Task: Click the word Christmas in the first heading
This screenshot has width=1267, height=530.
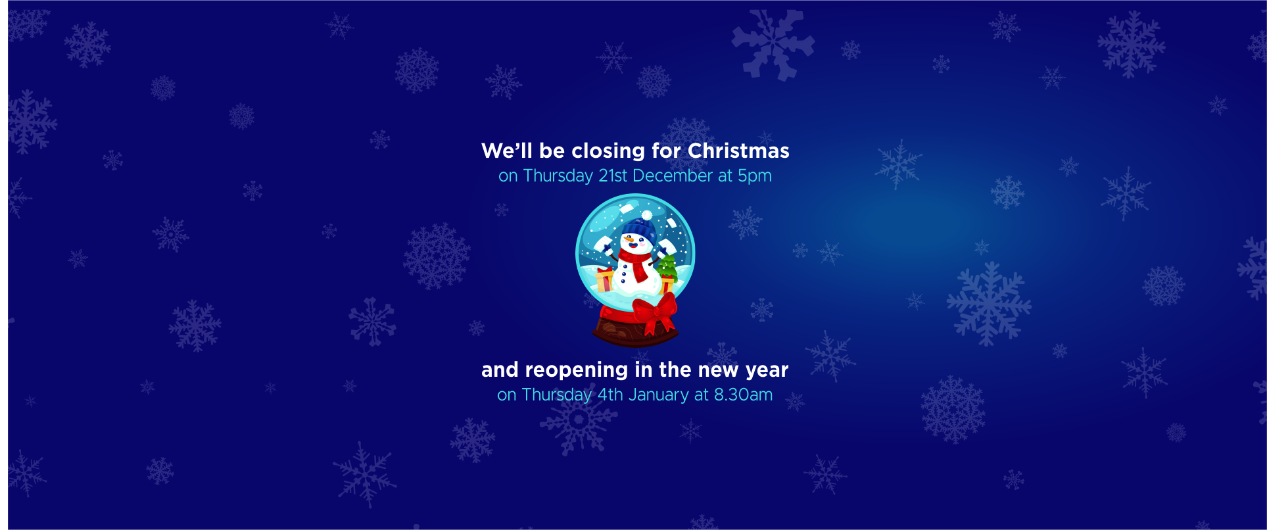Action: pos(738,151)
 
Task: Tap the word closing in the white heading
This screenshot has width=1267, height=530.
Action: pos(608,151)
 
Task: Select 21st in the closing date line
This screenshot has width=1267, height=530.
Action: pos(613,176)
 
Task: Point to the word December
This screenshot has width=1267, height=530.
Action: pos(673,176)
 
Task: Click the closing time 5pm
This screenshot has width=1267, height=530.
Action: pos(755,177)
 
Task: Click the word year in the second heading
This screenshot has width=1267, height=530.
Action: pos(767,371)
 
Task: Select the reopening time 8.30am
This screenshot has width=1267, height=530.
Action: pos(744,395)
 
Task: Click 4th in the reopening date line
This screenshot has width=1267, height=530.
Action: pos(610,395)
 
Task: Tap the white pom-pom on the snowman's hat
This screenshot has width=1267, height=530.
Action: pos(647,216)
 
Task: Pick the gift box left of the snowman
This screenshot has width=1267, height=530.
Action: pos(605,279)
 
